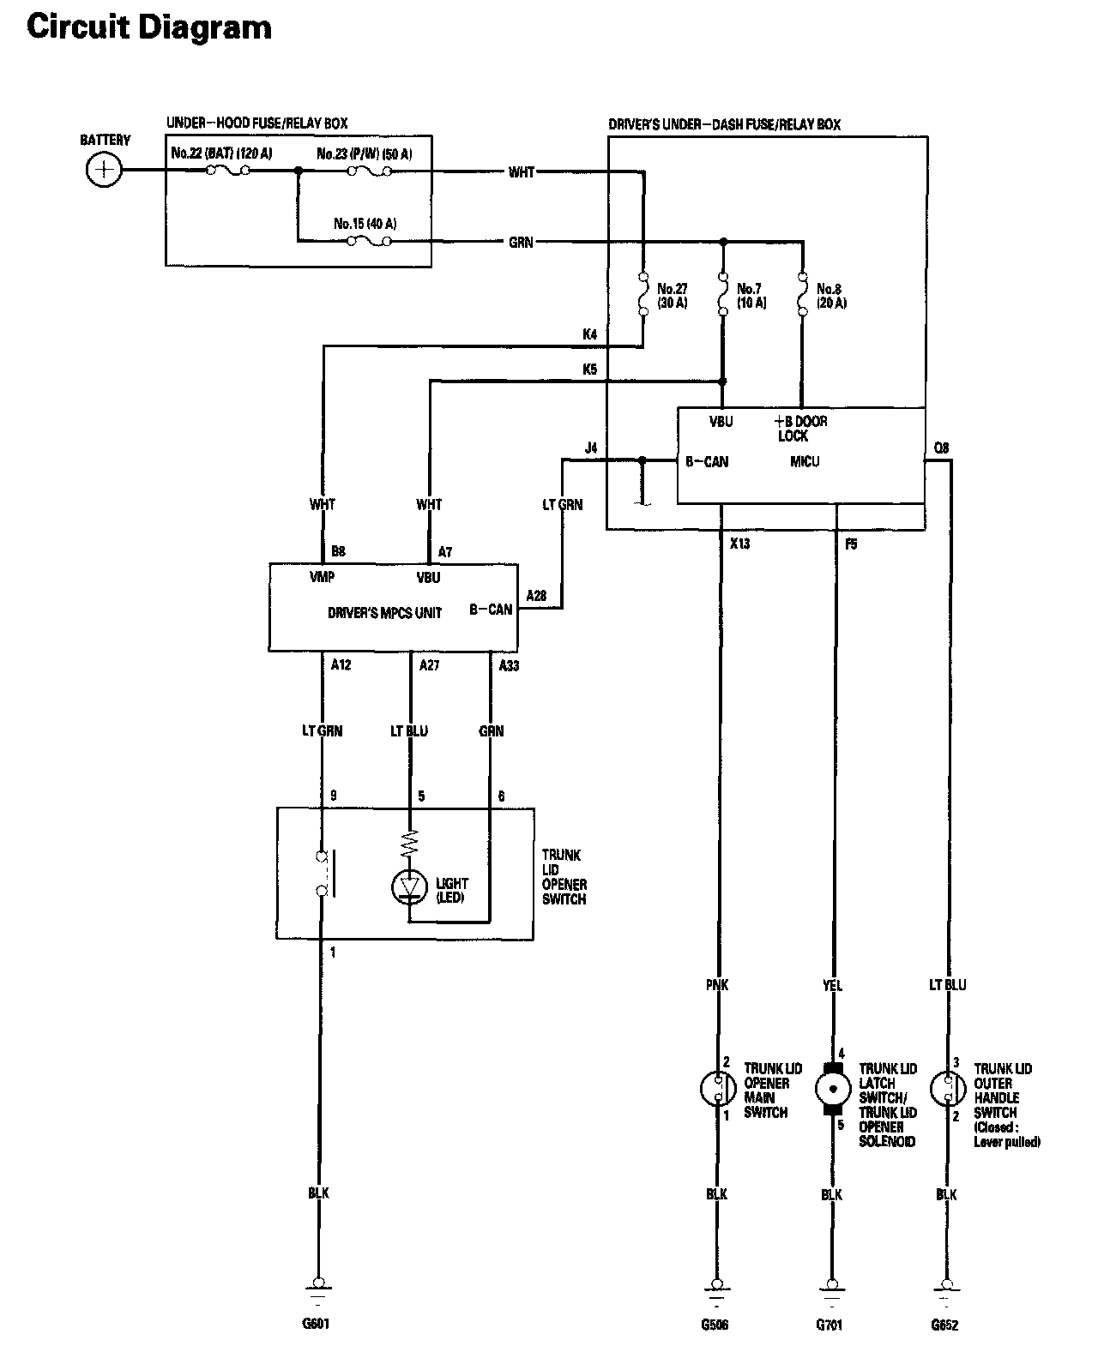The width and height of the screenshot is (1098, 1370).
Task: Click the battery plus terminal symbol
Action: click(x=104, y=170)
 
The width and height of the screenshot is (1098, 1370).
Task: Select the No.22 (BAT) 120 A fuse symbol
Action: click(x=227, y=170)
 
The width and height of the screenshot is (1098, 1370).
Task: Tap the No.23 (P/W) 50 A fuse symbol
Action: click(x=370, y=171)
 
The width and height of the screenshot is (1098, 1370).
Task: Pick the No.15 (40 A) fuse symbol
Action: click(x=370, y=241)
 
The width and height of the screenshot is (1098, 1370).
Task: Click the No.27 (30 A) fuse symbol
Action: click(x=643, y=294)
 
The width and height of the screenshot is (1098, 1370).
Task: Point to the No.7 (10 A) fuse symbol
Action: click(x=723, y=294)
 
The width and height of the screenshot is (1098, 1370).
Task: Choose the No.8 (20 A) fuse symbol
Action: click(x=802, y=294)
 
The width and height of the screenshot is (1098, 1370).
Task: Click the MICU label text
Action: click(x=805, y=461)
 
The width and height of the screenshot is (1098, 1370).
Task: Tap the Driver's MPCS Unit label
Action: click(x=384, y=612)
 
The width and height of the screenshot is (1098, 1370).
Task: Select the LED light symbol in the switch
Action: click(x=409, y=886)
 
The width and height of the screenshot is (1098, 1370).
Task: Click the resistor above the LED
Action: click(x=409, y=843)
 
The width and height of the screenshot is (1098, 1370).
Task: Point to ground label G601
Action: click(x=316, y=1324)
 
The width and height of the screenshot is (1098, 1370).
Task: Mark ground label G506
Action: click(x=715, y=1325)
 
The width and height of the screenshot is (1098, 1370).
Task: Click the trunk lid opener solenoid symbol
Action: click(x=832, y=1089)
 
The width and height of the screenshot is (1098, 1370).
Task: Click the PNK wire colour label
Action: click(x=716, y=985)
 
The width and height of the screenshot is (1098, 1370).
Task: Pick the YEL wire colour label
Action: click(x=832, y=985)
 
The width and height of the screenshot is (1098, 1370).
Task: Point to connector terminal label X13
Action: click(x=739, y=544)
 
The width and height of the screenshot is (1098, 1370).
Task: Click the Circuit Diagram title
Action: click(x=149, y=27)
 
